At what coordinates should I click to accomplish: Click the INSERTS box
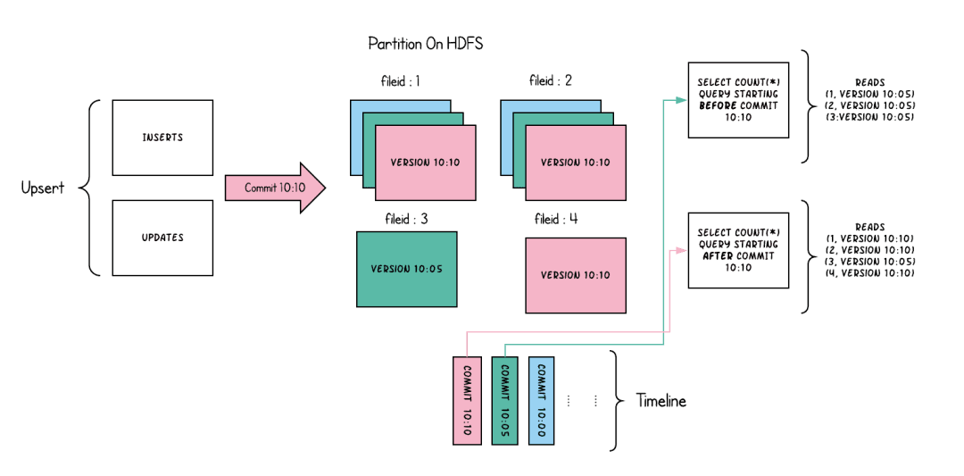pos(162,138)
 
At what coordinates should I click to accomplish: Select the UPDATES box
pos(162,238)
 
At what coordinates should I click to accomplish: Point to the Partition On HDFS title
pos(426,44)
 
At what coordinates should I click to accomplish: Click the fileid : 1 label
pos(401,81)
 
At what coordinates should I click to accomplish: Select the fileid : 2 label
pos(551,81)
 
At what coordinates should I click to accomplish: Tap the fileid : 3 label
pos(406,218)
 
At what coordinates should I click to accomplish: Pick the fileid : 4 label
pos(556,219)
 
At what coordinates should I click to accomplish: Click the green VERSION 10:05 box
pos(406,269)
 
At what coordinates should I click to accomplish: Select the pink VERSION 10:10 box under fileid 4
pos(576,275)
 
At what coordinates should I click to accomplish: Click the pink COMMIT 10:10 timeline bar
pos(467,399)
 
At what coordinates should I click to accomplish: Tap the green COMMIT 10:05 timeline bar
pos(504,399)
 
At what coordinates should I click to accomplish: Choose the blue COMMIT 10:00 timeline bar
pos(541,399)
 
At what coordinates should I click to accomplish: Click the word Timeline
pos(661,401)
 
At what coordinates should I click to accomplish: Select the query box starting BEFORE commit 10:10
pos(738,100)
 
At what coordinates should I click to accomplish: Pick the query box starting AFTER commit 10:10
pos(738,250)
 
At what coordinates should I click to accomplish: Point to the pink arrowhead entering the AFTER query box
pos(682,251)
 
